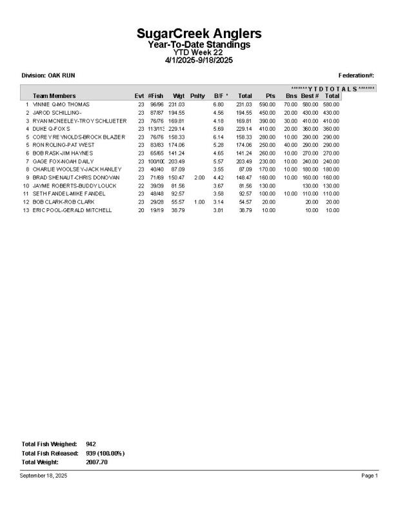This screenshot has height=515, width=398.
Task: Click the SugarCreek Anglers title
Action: [x=199, y=34]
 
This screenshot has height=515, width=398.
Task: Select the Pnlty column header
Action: [x=197, y=96]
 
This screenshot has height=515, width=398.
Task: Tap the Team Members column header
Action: [x=54, y=96]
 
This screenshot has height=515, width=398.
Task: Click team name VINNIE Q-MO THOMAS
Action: [x=61, y=104]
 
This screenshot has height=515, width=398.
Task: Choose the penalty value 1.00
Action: [x=199, y=202]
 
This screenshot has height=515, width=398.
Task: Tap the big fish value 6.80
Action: [x=219, y=104]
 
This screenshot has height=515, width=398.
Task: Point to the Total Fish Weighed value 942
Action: [x=91, y=444]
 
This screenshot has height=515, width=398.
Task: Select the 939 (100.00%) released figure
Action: [x=105, y=453]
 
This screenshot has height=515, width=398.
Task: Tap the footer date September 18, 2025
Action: [x=44, y=476]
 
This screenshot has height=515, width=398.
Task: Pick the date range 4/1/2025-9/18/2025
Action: [x=199, y=61]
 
